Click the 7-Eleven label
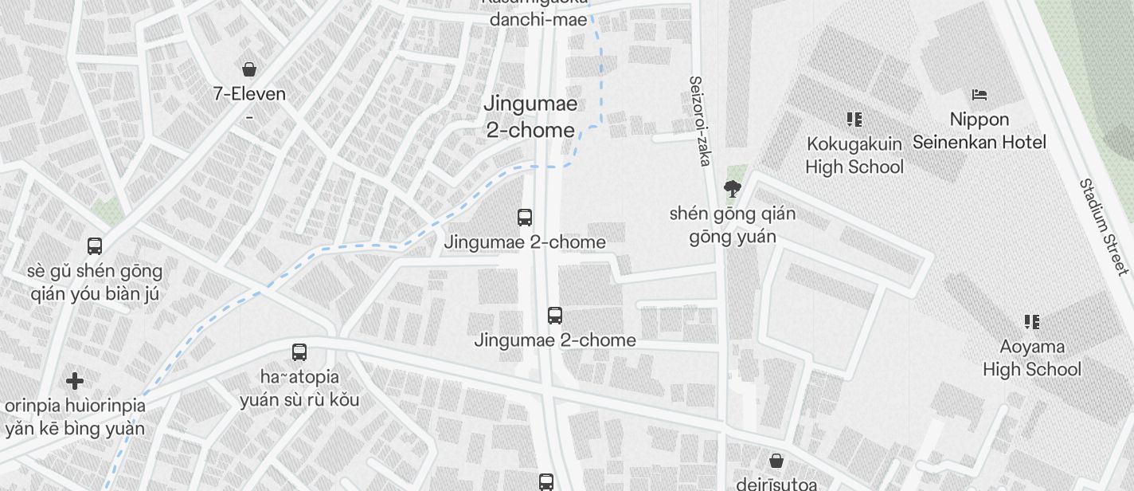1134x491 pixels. (249, 94)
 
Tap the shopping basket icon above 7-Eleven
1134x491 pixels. (249, 69)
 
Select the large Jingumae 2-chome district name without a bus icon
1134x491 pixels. (530, 117)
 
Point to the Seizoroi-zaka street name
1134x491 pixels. (699, 121)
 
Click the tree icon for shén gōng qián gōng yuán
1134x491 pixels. (732, 189)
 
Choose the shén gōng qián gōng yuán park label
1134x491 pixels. (732, 226)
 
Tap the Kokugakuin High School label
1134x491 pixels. (854, 155)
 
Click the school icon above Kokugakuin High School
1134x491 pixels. (854, 120)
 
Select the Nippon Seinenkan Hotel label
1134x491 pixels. (980, 131)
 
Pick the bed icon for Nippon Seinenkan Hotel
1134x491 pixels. (980, 95)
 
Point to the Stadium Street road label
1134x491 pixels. (1105, 227)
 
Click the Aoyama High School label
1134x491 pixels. (1031, 358)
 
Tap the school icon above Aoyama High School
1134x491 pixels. (1031, 322)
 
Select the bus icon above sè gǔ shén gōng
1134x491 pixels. (95, 246)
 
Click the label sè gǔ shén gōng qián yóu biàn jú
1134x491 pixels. (95, 282)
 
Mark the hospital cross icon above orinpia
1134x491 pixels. (75, 381)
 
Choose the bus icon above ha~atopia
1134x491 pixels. (299, 352)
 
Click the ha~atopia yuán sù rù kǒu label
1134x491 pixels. (299, 388)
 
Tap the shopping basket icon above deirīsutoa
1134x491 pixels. (776, 461)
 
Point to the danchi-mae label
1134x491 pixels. (538, 20)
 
